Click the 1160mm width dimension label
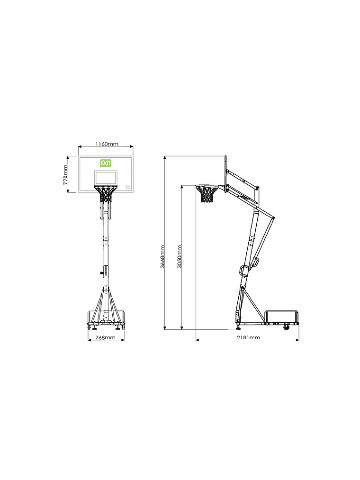tap(107, 144)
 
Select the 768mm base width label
tap(106, 337)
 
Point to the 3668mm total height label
tap(162, 257)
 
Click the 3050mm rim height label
tap(179, 257)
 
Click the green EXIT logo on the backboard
tap(106, 163)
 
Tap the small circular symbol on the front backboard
tap(127, 187)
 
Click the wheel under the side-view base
tap(286, 327)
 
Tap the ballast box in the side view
tap(282, 317)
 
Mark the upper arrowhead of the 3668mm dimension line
tap(164, 157)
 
